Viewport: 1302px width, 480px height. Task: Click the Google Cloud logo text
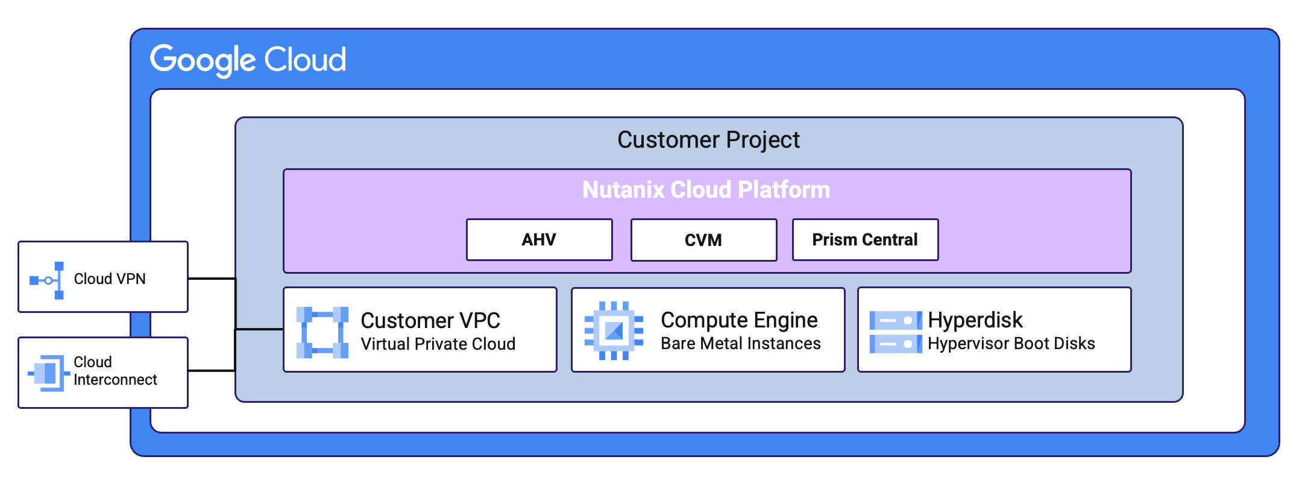click(x=248, y=60)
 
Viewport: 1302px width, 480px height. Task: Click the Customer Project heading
click(x=708, y=140)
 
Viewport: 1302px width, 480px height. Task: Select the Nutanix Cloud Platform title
click(x=706, y=190)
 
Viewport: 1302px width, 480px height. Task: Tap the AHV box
click(x=539, y=240)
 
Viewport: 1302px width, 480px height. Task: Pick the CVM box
click(x=703, y=240)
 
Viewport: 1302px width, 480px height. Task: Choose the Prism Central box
click(x=864, y=240)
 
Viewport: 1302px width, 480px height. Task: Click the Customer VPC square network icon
click(x=322, y=332)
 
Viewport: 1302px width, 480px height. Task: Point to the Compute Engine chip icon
click(x=614, y=330)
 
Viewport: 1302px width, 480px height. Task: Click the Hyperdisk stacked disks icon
click(x=895, y=332)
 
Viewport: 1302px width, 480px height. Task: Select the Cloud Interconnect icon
click(x=48, y=373)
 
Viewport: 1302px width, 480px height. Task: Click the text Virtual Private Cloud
click(x=438, y=344)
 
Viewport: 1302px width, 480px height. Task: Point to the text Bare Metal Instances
click(x=740, y=344)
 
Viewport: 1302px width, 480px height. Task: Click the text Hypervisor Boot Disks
click(x=1011, y=344)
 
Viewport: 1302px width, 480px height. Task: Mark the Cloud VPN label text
click(x=110, y=279)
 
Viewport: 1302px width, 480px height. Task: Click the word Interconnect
click(x=115, y=380)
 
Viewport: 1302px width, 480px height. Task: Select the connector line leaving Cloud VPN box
click(x=211, y=279)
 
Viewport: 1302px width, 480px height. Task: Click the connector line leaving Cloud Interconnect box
click(x=211, y=370)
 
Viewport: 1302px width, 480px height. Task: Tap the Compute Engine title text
click(x=739, y=320)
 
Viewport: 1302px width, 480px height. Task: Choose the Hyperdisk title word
click(x=975, y=320)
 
